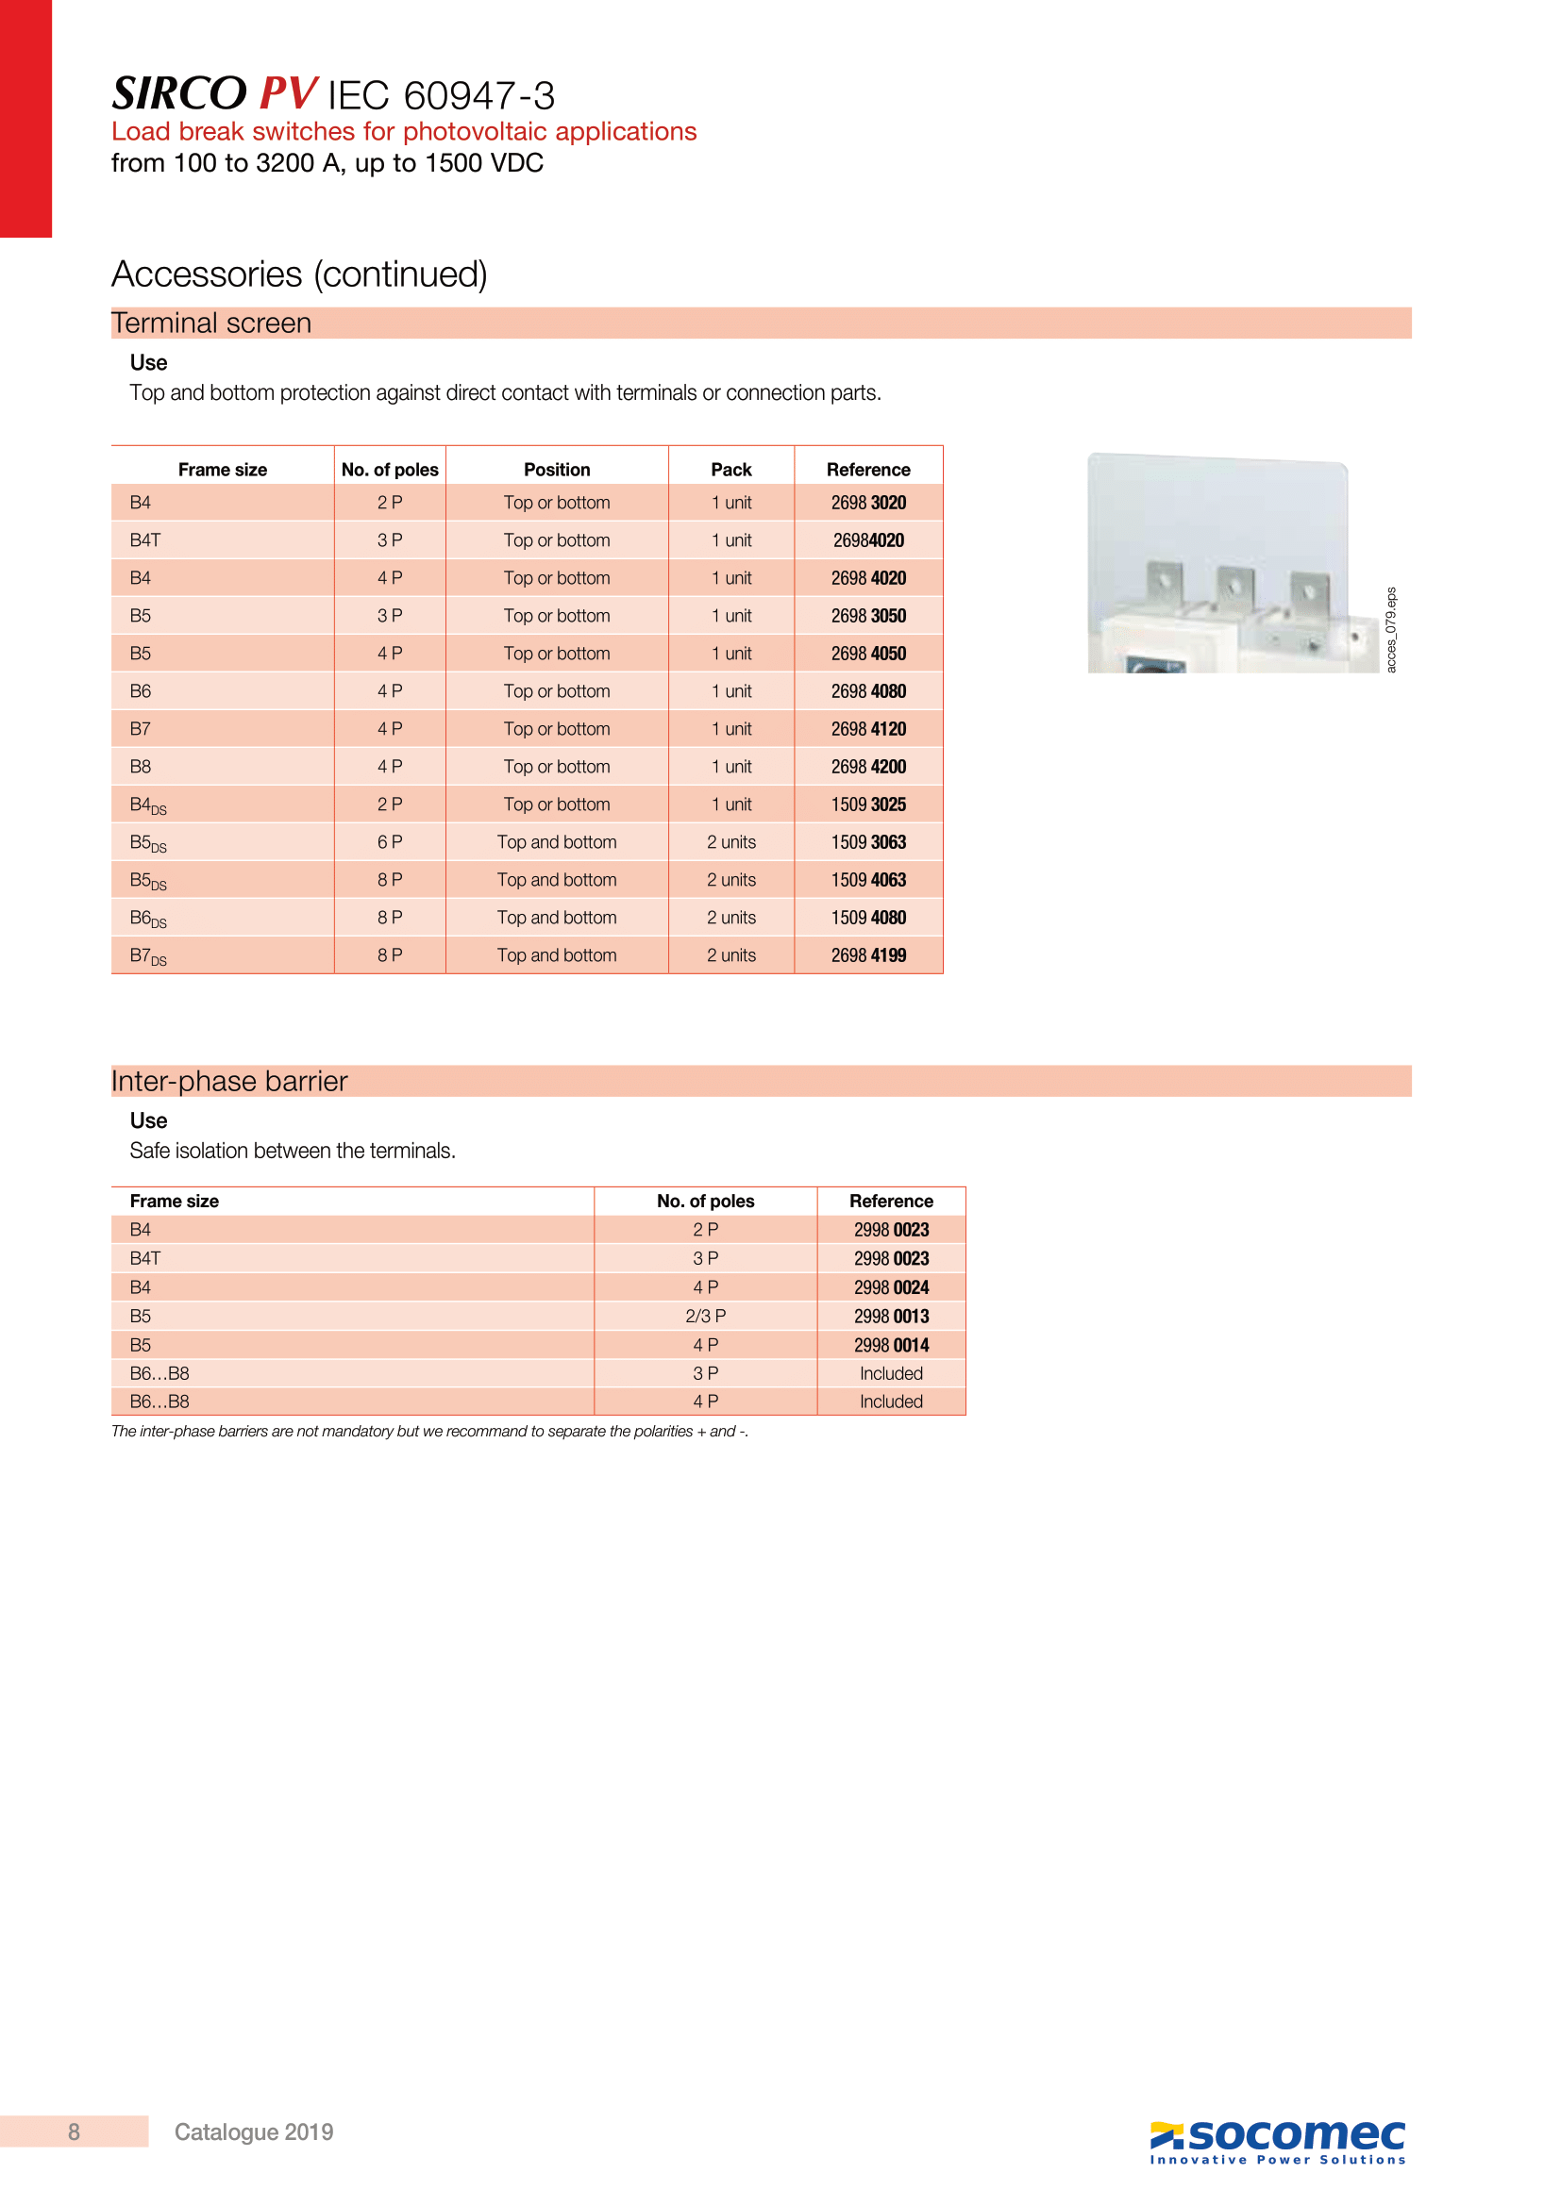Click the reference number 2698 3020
[868, 503]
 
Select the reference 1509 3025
[868, 804]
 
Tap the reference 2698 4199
[868, 955]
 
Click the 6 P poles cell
[389, 841]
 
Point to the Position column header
[557, 469]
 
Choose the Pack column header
[730, 469]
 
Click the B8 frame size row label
[141, 767]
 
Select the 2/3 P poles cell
[706, 1316]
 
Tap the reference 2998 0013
[891, 1317]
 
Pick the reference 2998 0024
[891, 1287]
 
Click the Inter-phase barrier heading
[228, 1081]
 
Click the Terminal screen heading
[211, 323]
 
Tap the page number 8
[74, 2132]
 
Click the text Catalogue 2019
[254, 2132]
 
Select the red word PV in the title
[288, 94]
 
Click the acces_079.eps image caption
[1391, 629]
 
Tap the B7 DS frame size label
[148, 956]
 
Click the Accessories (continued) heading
[299, 274]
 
